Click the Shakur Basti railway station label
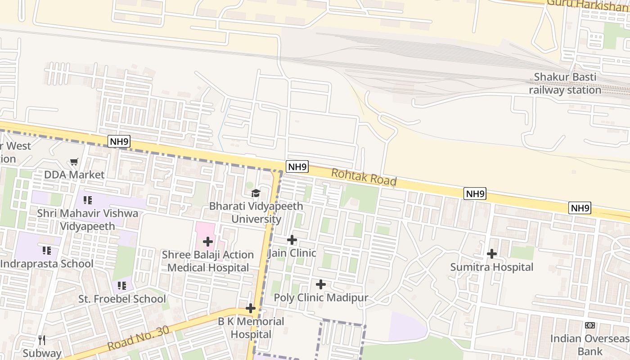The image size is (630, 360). click(565, 84)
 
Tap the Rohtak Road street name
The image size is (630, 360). click(364, 177)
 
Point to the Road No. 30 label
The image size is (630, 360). click(139, 338)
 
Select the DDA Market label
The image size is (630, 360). click(74, 175)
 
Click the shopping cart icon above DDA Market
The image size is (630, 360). click(74, 162)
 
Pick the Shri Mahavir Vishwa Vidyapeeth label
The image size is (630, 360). click(88, 220)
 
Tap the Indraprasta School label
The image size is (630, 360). click(46, 264)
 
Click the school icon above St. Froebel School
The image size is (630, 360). click(121, 285)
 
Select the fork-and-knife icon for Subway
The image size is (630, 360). click(42, 340)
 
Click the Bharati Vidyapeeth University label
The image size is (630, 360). click(256, 213)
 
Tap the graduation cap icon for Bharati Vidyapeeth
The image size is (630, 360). click(256, 193)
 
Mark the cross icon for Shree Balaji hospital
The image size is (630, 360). click(207, 242)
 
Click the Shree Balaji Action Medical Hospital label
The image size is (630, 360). click(208, 261)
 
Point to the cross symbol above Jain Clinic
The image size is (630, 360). click(292, 240)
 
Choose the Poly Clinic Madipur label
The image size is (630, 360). click(321, 298)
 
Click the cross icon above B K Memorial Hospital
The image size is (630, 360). click(251, 308)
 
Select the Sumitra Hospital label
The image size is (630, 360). click(492, 267)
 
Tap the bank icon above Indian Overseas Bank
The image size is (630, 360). click(589, 325)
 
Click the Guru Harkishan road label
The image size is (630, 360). click(587, 4)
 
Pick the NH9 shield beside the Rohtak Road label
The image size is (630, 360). click(297, 167)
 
